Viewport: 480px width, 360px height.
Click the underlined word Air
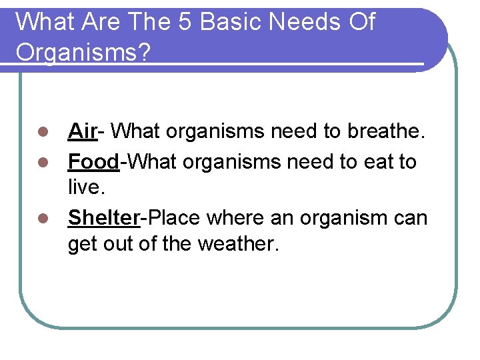(x=83, y=131)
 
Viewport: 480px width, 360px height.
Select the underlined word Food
(x=93, y=161)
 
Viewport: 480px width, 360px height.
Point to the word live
(x=86, y=188)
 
